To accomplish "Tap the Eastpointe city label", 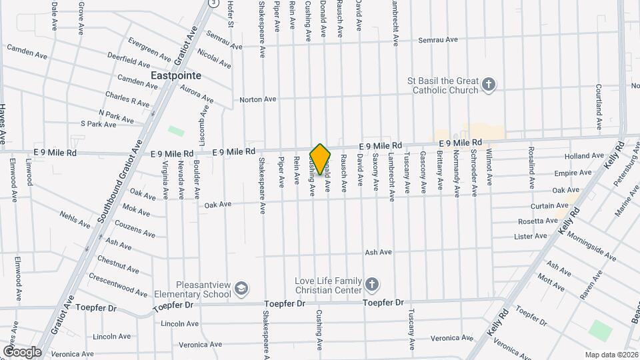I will [176, 76].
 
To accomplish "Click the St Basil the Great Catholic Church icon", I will [489, 85].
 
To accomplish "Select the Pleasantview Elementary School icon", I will [241, 289].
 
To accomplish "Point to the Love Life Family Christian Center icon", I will [373, 285].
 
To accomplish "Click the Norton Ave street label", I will [257, 99].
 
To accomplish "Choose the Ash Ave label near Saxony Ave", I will [378, 253].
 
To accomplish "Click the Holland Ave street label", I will [583, 156].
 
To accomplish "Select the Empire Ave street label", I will [572, 173].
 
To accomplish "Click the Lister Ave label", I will [531, 236].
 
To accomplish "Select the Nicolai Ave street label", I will [214, 61].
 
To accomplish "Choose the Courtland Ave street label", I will [599, 107].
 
